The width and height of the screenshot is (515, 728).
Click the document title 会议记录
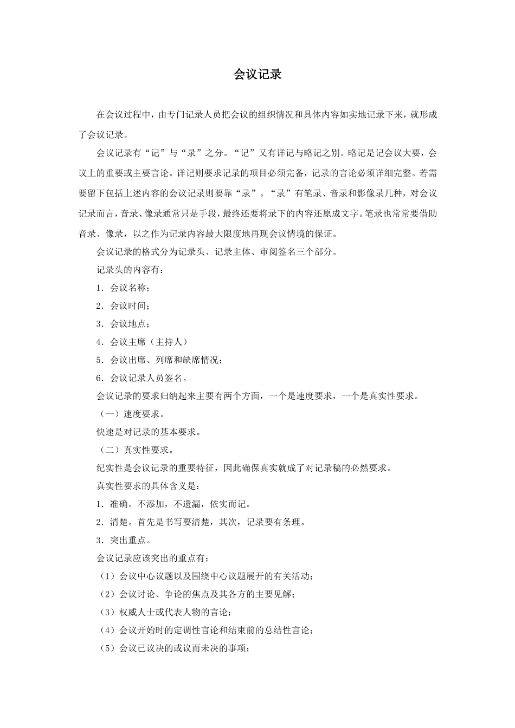click(x=257, y=75)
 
